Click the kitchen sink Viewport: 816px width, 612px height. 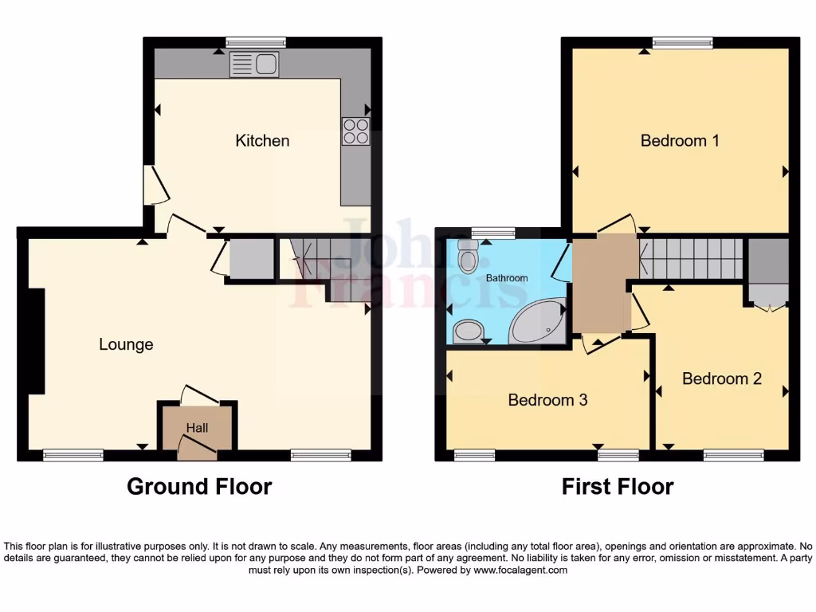click(x=254, y=65)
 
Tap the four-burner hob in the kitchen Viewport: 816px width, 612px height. click(x=356, y=131)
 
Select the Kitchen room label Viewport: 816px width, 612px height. click(x=262, y=141)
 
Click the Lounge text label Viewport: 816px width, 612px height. click(x=126, y=344)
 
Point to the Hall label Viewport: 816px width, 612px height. click(x=197, y=428)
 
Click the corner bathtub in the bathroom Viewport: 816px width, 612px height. click(x=538, y=324)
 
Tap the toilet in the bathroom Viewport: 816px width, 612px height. click(x=468, y=255)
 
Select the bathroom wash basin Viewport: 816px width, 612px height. click(x=468, y=331)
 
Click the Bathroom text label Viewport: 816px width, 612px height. click(x=507, y=278)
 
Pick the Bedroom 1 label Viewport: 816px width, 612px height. click(x=680, y=141)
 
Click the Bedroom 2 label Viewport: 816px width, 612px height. click(x=721, y=379)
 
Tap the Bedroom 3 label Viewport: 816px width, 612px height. click(x=547, y=399)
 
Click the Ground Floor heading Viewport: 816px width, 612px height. click(x=199, y=486)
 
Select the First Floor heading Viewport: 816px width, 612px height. click(x=618, y=486)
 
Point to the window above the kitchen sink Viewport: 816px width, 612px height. click(x=255, y=42)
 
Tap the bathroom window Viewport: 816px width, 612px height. click(x=492, y=233)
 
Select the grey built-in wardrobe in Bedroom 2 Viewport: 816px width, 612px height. click(x=767, y=269)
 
